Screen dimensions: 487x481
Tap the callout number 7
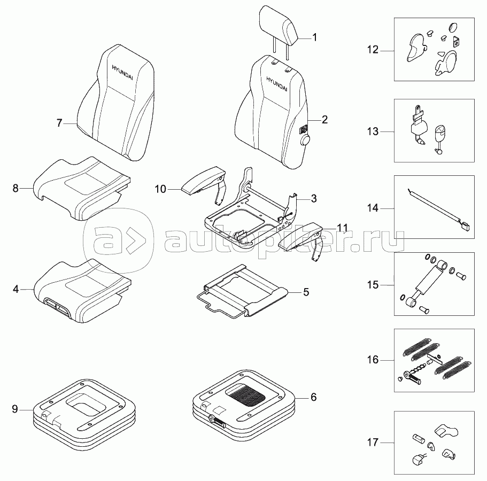point(59,123)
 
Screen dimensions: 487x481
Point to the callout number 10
point(160,189)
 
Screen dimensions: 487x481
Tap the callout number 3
point(314,198)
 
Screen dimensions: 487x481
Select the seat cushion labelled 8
point(83,190)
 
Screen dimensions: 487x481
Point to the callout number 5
point(306,292)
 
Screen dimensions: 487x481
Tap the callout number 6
point(314,397)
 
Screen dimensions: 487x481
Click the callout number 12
point(373,50)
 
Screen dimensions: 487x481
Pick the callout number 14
point(373,208)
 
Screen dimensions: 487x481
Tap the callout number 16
point(373,360)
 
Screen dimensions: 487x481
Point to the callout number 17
point(373,442)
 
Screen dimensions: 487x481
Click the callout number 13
point(373,131)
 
